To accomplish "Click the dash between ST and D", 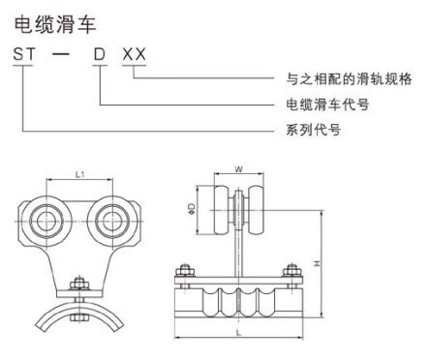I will click(x=62, y=55).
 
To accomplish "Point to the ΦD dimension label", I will click(x=193, y=207).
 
